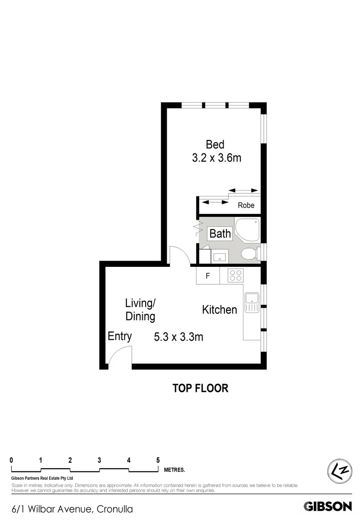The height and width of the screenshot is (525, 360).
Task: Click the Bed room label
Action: tap(215, 144)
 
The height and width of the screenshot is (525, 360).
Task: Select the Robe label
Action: tap(246, 205)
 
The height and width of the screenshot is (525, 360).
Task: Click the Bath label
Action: tap(220, 233)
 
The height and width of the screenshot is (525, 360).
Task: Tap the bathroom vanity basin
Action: tap(220, 256)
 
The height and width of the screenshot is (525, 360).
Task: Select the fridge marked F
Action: tap(208, 277)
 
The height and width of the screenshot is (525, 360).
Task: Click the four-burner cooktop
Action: tap(236, 276)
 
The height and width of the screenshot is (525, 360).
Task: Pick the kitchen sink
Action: tap(252, 303)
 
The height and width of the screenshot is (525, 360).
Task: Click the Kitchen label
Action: tap(220, 310)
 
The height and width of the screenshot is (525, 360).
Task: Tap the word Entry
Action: tap(120, 336)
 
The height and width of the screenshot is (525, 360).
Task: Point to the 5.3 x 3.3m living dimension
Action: tap(178, 336)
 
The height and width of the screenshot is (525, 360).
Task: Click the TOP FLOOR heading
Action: tap(200, 388)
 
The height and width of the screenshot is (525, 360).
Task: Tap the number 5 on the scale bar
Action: tap(158, 460)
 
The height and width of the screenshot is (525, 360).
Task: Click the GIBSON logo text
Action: tap(327, 507)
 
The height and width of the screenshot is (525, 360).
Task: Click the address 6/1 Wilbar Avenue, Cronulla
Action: tap(72, 509)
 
